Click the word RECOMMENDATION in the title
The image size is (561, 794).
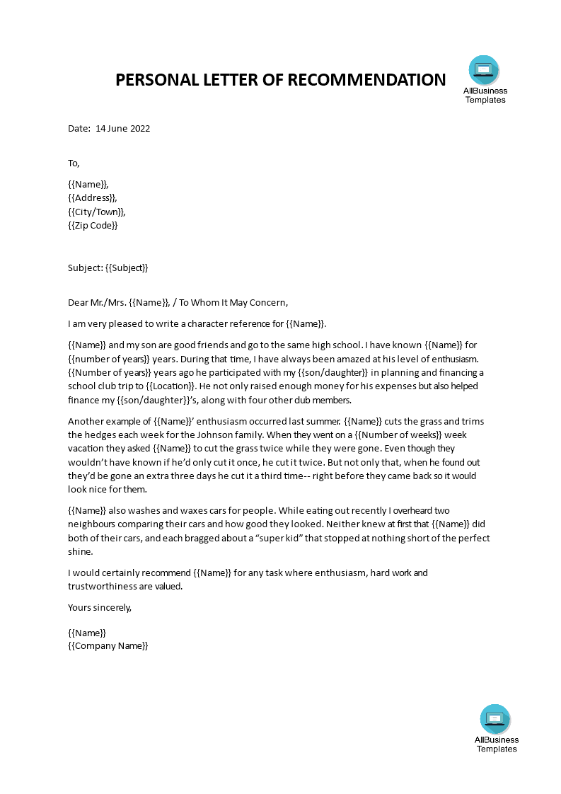(x=366, y=80)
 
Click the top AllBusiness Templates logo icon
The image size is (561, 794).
(x=484, y=69)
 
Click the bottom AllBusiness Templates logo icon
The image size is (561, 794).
(x=495, y=718)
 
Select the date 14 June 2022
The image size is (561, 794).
(x=123, y=129)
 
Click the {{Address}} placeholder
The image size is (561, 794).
(x=93, y=198)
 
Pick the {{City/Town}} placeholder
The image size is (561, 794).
(x=98, y=212)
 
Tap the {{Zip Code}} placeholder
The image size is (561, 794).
(x=93, y=225)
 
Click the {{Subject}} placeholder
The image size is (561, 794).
(x=127, y=267)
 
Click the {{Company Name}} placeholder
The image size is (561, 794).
(x=108, y=646)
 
